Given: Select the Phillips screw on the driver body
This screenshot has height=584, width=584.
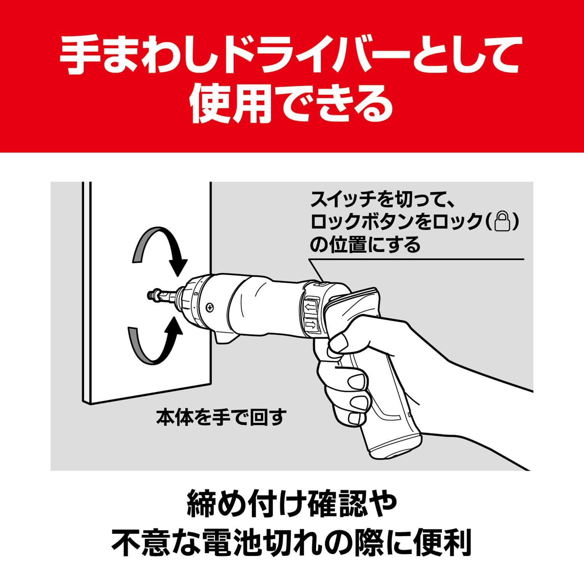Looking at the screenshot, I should (x=210, y=307).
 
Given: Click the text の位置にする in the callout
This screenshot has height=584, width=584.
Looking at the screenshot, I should (x=365, y=245).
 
